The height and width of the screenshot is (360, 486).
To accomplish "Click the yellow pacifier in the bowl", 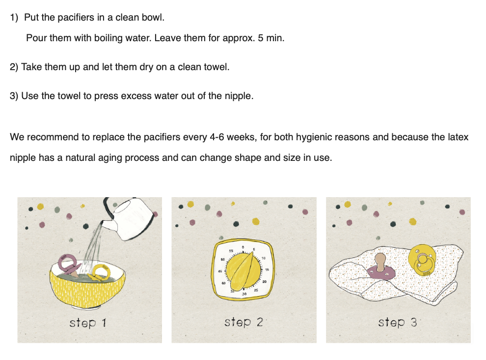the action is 100,272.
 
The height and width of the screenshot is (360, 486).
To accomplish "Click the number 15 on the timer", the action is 267,270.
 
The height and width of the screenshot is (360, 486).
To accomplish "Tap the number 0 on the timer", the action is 243,247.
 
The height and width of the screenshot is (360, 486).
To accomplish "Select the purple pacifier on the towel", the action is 381,267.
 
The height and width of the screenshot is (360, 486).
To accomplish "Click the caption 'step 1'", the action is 88,323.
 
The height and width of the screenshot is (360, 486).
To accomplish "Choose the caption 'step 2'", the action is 243,322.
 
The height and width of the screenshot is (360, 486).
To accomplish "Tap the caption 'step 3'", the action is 397,322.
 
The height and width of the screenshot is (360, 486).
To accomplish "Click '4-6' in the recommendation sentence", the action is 216,137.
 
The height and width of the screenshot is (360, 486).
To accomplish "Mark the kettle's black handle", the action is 108,207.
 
